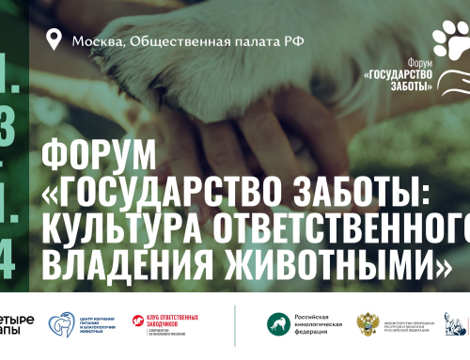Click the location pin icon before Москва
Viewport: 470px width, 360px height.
54,39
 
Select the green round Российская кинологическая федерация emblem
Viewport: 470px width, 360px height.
279,324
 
